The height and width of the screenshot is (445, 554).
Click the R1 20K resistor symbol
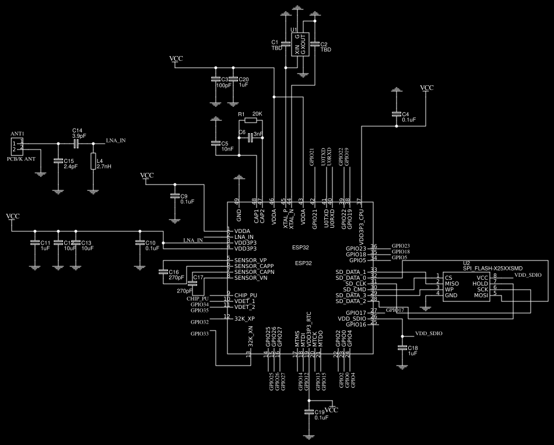[x=250, y=120]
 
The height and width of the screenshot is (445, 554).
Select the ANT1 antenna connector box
[x=17, y=146]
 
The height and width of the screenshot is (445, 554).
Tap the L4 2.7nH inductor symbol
[x=93, y=161]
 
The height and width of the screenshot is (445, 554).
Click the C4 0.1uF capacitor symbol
[x=397, y=114]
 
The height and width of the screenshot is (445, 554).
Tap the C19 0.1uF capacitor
[x=309, y=412]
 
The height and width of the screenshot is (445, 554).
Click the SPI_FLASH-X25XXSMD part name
[x=493, y=269]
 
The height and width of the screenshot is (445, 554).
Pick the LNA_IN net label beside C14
[x=115, y=141]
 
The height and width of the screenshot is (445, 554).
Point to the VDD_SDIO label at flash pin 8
[x=528, y=274]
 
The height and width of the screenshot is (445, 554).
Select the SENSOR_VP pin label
[x=250, y=260]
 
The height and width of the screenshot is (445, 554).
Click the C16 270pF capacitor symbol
[x=162, y=272]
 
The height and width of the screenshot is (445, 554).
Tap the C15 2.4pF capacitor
[x=58, y=161]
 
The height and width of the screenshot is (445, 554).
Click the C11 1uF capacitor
[x=35, y=242]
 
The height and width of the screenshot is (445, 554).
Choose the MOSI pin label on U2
[x=481, y=295]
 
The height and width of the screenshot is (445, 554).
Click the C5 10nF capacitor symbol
[x=215, y=143]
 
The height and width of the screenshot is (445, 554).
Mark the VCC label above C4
[x=427, y=88]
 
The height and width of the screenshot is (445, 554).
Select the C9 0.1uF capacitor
[x=174, y=196]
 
